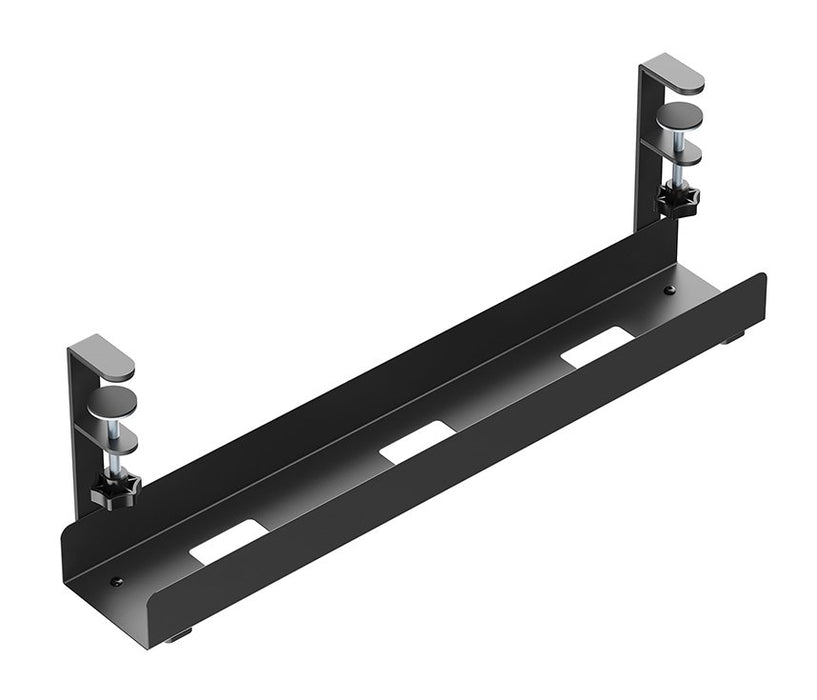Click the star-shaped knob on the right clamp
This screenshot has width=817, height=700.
click(678, 200)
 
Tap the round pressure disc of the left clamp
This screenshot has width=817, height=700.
click(109, 403)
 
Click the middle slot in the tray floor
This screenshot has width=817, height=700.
click(417, 441)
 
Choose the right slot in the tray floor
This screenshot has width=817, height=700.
click(597, 344)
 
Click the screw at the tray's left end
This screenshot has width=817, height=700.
click(118, 581)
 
